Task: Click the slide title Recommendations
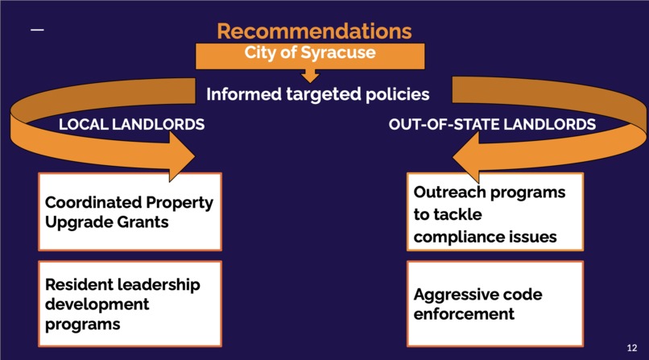click(x=314, y=31)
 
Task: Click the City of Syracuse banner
click(x=310, y=53)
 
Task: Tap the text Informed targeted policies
click(x=317, y=94)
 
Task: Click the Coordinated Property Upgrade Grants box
click(x=130, y=211)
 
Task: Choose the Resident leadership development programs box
click(x=130, y=303)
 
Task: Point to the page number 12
click(x=631, y=347)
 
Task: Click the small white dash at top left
click(x=37, y=31)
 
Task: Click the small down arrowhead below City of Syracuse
click(x=310, y=77)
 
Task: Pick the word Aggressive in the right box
click(x=453, y=294)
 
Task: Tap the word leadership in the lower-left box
click(x=153, y=284)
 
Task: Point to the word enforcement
click(x=464, y=313)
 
